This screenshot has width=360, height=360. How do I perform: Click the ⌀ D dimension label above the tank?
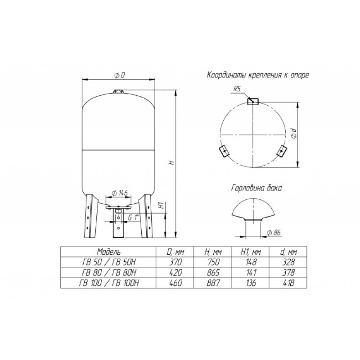119,75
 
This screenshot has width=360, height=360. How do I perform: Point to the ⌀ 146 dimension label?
119,193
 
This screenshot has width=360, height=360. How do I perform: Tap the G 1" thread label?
134,217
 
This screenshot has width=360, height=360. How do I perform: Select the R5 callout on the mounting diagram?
237,89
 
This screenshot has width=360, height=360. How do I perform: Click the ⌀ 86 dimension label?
274,233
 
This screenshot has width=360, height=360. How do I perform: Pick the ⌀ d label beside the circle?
294,133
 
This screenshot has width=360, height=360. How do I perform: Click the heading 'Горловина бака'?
256,188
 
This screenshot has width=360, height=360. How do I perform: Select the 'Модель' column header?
108,252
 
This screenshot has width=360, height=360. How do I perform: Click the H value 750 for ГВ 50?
213,262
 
